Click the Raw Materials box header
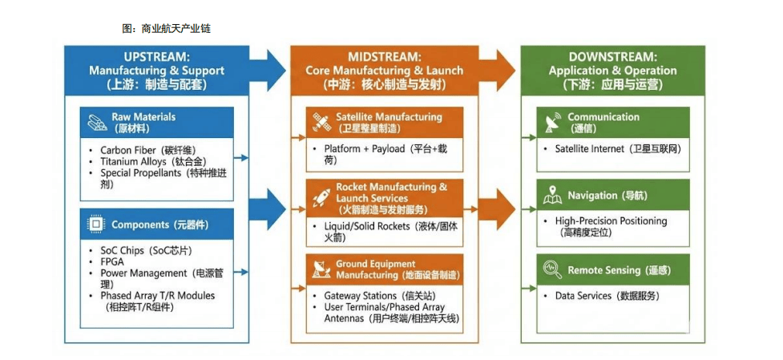(x=157, y=122)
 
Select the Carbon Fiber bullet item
(x=147, y=150)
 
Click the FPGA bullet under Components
(x=112, y=261)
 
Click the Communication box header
(x=614, y=122)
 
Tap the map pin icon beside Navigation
(x=552, y=195)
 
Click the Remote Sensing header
(x=614, y=270)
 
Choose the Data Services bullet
(x=607, y=296)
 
